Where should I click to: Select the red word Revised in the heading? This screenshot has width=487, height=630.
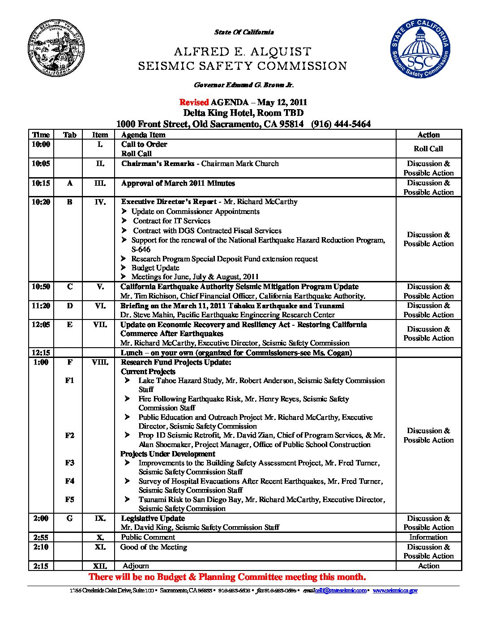[x=194, y=102]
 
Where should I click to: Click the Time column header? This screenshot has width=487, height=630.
[x=41, y=135]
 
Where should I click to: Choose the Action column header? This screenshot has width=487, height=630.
[x=428, y=135]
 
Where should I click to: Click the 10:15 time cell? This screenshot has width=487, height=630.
[x=41, y=183]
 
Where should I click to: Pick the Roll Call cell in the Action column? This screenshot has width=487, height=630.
[x=428, y=149]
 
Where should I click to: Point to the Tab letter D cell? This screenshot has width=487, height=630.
[x=69, y=306]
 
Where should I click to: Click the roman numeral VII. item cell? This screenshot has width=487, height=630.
[x=100, y=324]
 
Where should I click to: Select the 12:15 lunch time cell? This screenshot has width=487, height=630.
[x=41, y=353]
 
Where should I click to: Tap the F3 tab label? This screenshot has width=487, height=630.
[x=69, y=463]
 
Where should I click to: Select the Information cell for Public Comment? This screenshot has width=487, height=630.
[x=428, y=537]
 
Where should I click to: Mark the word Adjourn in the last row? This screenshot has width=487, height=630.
[x=136, y=566]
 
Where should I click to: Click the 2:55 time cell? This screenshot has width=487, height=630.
[x=41, y=537]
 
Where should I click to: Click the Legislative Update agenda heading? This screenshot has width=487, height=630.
[x=153, y=518]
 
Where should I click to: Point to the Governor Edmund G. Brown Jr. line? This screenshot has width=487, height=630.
[x=243, y=85]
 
